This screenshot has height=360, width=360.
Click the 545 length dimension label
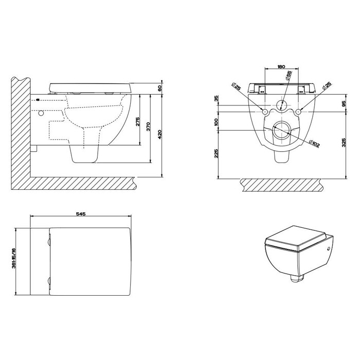point(81,214)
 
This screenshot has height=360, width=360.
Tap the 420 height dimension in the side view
point(160,134)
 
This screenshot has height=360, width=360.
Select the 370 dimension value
point(148,127)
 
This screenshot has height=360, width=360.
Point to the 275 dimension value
point(137,122)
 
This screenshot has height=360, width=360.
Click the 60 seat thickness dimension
point(160,88)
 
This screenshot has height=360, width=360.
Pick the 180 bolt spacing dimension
point(281,66)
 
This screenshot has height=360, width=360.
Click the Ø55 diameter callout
point(289,75)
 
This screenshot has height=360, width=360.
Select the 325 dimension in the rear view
point(344,142)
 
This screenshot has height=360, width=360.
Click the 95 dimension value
point(344,103)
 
